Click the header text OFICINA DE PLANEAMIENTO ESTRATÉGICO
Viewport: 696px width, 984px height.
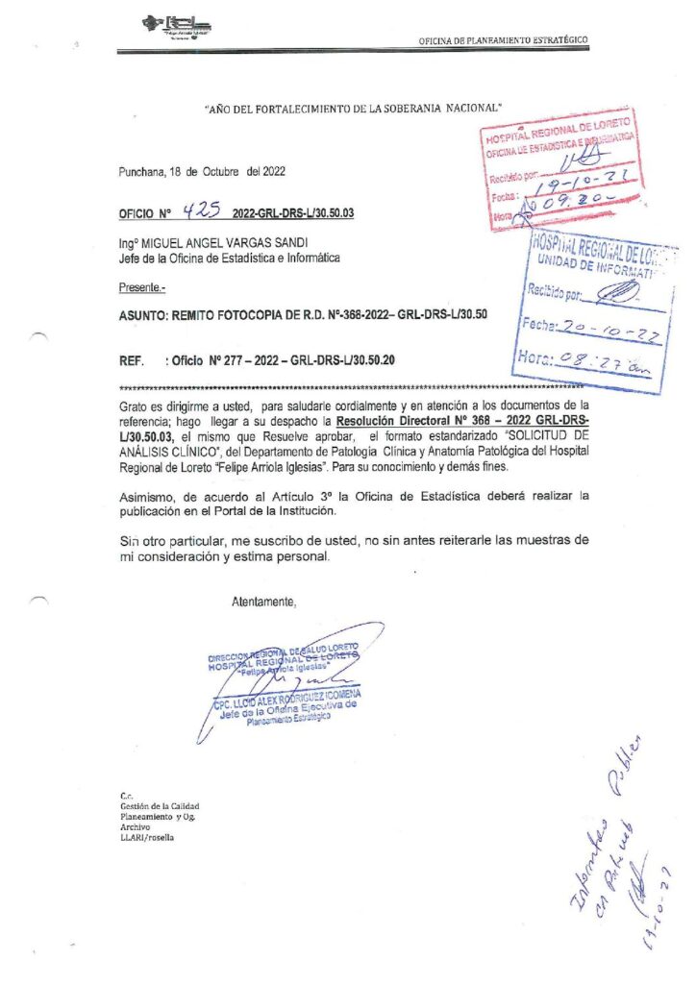point(503,40)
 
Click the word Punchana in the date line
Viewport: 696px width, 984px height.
point(140,171)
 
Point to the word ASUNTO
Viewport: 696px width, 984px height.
point(141,313)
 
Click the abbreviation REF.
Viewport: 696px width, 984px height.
point(131,360)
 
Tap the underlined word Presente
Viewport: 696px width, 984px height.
point(141,286)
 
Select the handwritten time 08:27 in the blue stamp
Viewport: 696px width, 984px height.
point(588,362)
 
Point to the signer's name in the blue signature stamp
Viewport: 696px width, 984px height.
point(286,698)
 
